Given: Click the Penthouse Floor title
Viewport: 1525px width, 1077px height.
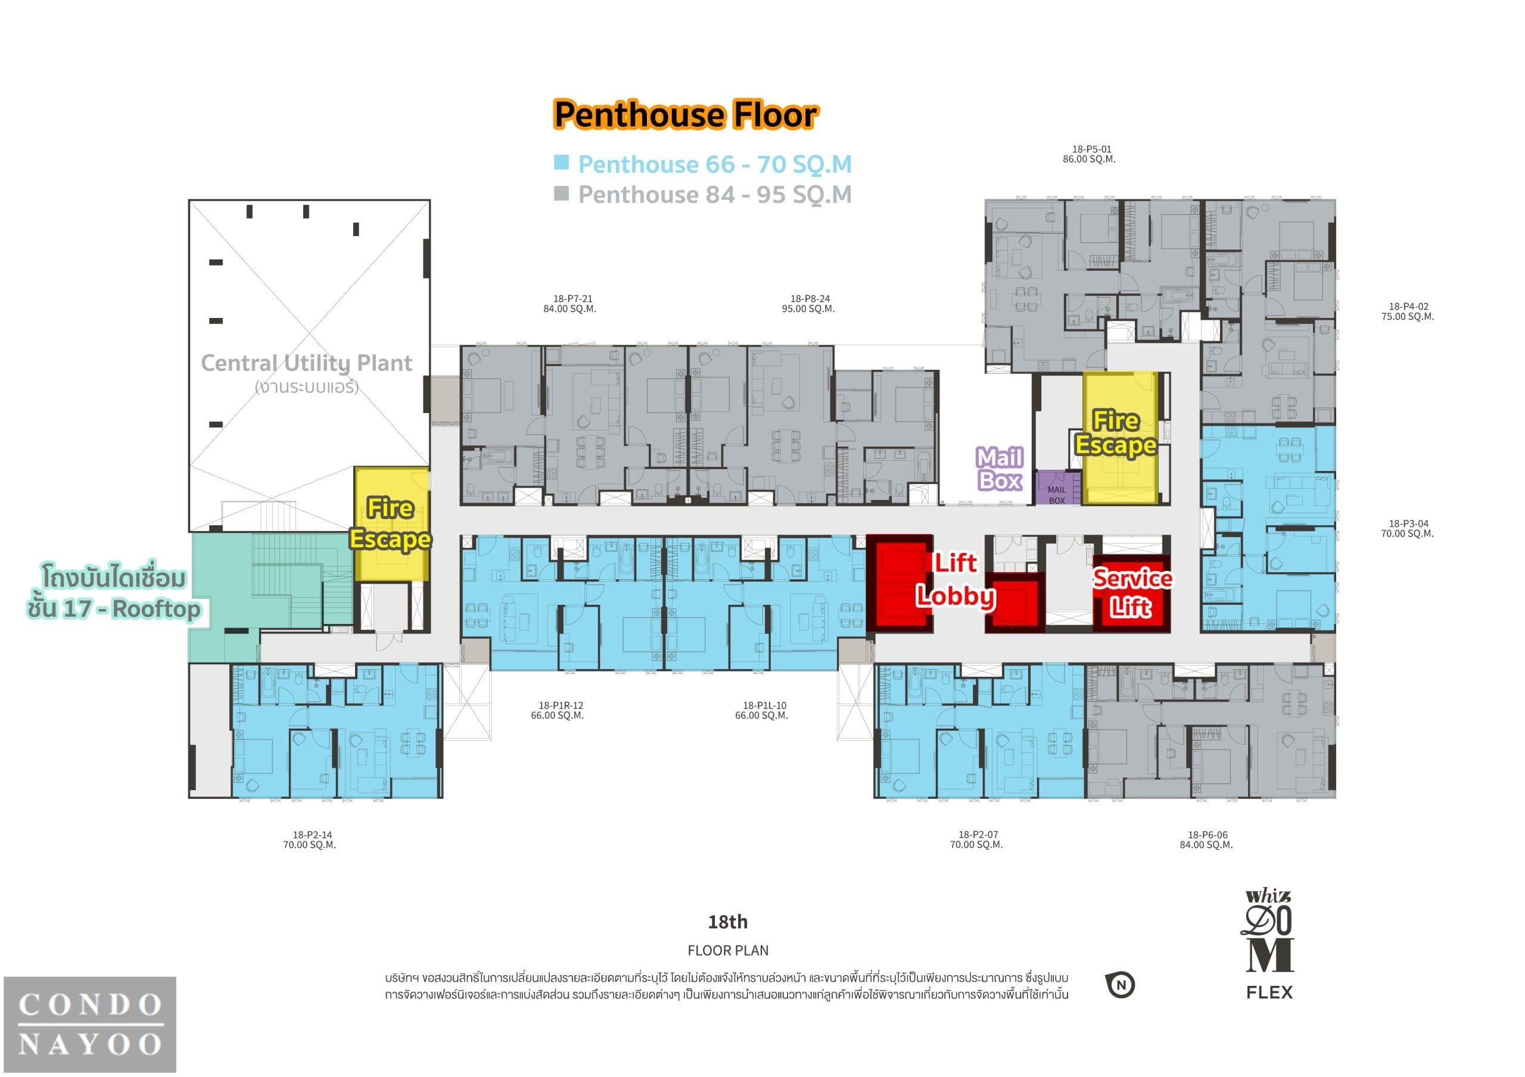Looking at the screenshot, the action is point(686,115).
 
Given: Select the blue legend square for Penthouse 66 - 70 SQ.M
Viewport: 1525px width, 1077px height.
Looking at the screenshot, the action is point(561,162).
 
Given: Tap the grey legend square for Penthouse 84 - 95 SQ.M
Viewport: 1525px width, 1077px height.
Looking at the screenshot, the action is point(561,193).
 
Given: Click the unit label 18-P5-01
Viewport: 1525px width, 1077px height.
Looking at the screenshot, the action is point(1091,149).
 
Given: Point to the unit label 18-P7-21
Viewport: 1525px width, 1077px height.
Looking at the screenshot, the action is point(572,299).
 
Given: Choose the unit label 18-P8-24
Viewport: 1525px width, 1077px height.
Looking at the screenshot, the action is point(810,299).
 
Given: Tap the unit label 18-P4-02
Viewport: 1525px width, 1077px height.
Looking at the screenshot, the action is point(1408,307).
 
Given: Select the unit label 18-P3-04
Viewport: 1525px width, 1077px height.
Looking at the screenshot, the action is point(1408,524).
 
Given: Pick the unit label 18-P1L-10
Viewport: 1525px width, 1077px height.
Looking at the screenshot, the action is point(764,706).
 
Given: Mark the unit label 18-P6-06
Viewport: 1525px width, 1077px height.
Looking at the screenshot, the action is point(1207,835).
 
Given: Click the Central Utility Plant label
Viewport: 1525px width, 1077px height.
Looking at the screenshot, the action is point(306,363).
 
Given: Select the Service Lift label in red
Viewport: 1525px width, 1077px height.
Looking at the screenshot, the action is point(1132,592).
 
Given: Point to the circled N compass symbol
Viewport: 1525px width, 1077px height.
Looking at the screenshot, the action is point(1121,985).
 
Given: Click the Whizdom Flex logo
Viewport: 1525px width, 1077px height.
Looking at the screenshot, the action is point(1269,944).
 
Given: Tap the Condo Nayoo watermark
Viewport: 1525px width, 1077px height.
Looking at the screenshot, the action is point(90,1025).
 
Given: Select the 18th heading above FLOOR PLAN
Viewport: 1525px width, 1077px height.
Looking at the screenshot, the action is point(728,922).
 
